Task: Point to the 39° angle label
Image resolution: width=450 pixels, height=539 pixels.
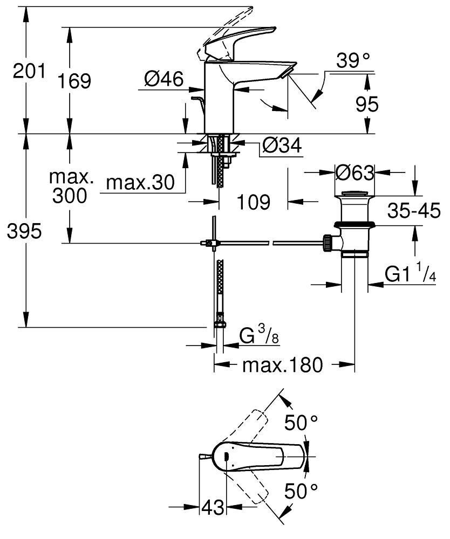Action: [353, 61]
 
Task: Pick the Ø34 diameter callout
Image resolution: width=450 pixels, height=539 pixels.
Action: [281, 145]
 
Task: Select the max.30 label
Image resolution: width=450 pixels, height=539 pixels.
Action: [140, 183]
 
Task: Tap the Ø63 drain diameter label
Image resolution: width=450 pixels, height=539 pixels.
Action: [354, 173]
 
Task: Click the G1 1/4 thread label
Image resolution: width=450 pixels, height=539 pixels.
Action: [410, 274]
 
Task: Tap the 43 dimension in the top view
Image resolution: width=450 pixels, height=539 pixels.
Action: [213, 507]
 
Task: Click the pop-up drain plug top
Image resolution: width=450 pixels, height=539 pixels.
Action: [354, 193]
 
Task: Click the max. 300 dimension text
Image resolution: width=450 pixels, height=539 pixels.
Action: [70, 186]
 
